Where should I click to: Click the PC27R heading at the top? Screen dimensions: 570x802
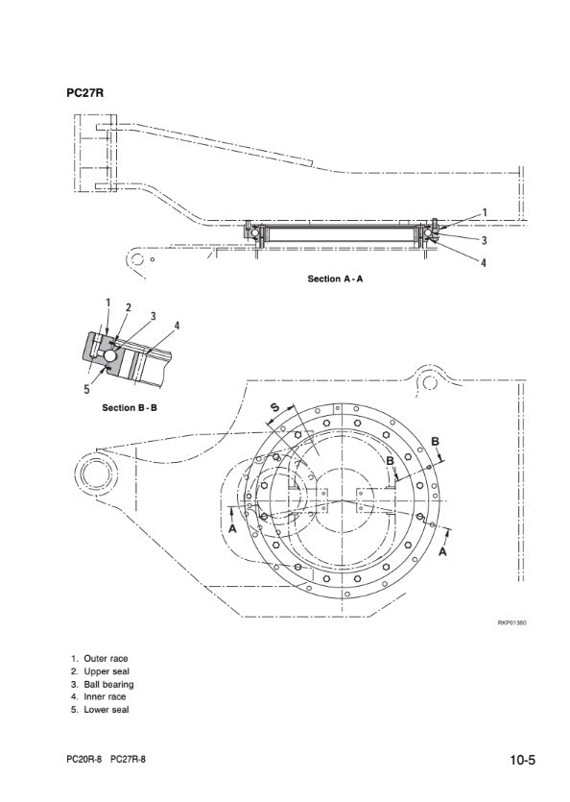(84, 93)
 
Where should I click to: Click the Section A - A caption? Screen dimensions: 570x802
(335, 279)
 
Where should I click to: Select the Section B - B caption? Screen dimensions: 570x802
(130, 407)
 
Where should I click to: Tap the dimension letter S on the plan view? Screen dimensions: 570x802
(274, 407)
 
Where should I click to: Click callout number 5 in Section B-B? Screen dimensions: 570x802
(87, 389)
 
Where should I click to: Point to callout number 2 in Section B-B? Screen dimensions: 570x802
(129, 307)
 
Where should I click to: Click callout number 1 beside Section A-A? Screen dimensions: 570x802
(485, 212)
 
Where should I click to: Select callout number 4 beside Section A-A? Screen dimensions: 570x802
(483, 263)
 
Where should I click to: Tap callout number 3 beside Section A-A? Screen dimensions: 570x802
(484, 240)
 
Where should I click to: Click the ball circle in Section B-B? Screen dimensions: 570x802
(110, 355)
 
